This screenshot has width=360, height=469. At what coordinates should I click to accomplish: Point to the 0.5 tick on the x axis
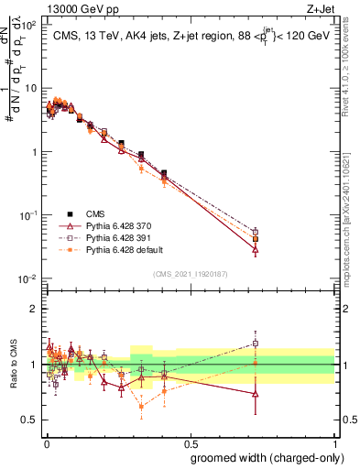(x=191, y=442)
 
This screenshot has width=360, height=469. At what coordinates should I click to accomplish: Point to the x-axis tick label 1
(x=336, y=442)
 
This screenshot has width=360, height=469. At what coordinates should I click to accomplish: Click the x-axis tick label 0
(x=45, y=442)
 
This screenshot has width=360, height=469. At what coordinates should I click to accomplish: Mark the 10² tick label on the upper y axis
(x=30, y=26)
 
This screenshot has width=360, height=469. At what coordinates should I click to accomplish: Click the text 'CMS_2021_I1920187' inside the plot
(x=191, y=274)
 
